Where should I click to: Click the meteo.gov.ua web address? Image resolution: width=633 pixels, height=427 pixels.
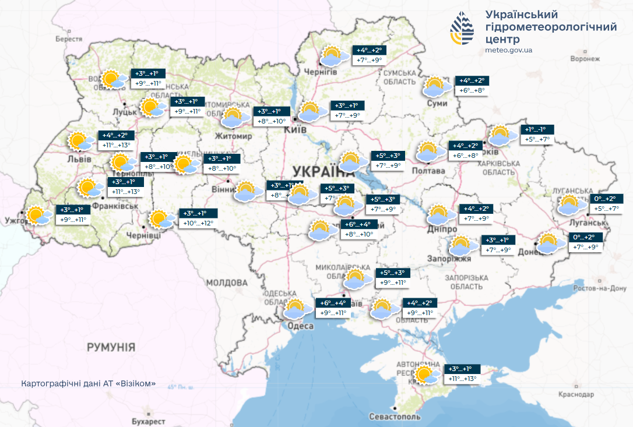click(x=508, y=50)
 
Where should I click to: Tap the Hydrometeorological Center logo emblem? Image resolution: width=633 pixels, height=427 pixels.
click(x=465, y=29)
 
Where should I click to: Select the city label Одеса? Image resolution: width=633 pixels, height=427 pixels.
click(x=301, y=326)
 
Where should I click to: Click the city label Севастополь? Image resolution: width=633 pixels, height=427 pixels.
click(x=395, y=417)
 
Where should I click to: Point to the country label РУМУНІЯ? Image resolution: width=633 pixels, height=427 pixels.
click(x=111, y=347)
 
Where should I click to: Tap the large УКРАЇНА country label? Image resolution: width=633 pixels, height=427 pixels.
click(x=323, y=171)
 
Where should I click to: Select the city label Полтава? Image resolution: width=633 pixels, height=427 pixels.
click(x=428, y=171)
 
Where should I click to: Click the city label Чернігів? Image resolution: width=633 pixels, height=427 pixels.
click(x=320, y=71)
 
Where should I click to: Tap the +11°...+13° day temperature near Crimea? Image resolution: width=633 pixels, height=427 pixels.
click(x=463, y=379)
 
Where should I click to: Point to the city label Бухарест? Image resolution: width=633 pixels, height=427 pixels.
click(x=145, y=421)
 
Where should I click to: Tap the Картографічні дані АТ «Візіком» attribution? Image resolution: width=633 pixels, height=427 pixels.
click(x=89, y=383)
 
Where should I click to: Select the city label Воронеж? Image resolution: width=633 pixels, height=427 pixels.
click(x=585, y=59)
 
